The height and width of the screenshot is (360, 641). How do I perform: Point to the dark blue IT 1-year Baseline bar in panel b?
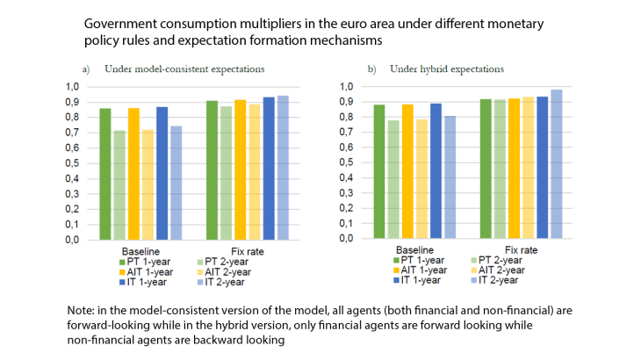[x=436, y=170]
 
